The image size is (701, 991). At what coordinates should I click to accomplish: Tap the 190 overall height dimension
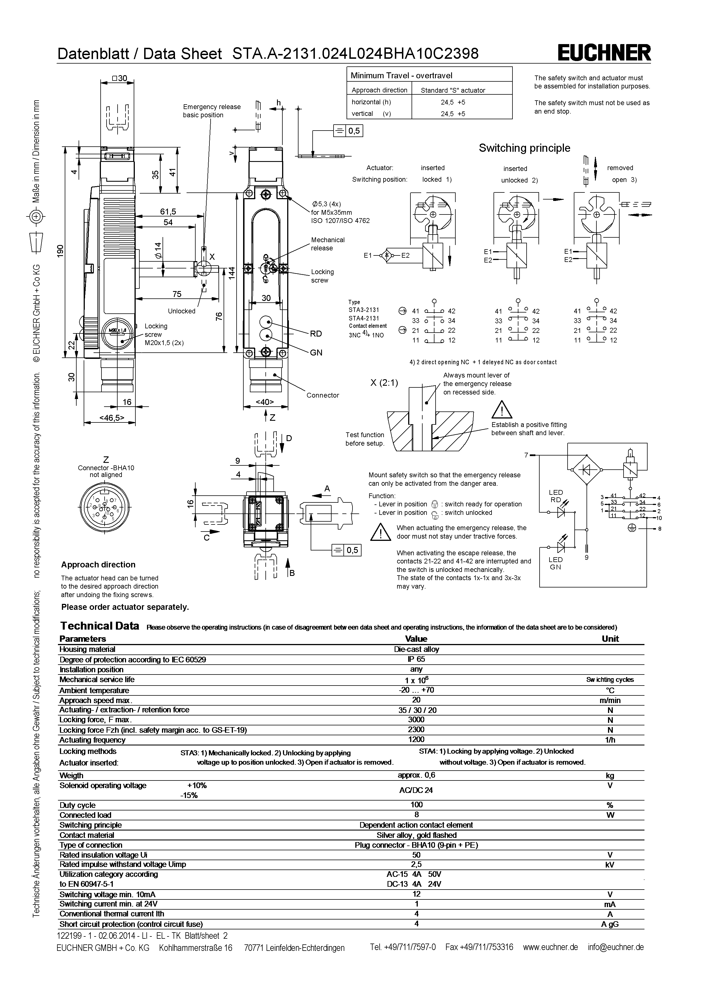tap(60, 251)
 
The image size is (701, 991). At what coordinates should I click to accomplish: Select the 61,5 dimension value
tap(168, 211)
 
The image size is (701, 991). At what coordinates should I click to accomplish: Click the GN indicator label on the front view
tap(316, 353)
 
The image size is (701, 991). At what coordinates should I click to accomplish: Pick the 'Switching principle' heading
tap(524, 148)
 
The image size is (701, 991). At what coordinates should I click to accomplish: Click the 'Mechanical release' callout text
tap(328, 244)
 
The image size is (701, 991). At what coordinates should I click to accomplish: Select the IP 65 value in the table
tap(416, 659)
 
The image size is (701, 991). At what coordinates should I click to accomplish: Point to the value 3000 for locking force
tap(416, 719)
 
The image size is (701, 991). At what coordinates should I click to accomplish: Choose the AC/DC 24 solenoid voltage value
tap(416, 790)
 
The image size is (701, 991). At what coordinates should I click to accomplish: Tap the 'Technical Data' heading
tap(100, 626)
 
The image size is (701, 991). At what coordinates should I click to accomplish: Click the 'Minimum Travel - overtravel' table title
tap(401, 75)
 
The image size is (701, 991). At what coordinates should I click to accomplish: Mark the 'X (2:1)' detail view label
tap(384, 382)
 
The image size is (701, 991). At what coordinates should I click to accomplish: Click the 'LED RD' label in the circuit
tap(555, 496)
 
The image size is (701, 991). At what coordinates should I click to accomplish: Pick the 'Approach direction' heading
tap(98, 565)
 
